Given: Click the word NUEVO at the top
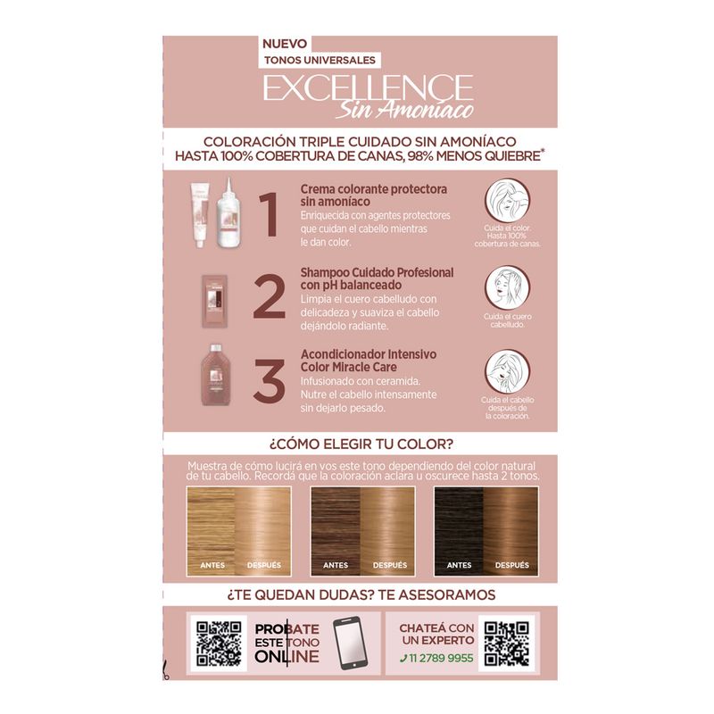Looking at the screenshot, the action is [285, 44].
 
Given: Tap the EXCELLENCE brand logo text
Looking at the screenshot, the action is [368, 87].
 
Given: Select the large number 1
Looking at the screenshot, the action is [270, 215].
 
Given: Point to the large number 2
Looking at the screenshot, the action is [270, 297].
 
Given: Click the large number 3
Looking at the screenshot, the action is [270, 381].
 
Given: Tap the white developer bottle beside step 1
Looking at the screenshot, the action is [228, 213].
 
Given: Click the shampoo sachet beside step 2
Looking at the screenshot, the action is [215, 301].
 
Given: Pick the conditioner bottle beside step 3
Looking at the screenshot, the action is [216, 374].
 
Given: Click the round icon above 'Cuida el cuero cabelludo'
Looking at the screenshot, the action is [507, 287].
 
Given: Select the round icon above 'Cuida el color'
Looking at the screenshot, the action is [507, 200].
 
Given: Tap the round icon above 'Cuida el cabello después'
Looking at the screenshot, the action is [507, 371].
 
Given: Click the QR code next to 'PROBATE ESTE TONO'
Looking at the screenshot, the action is [219, 643].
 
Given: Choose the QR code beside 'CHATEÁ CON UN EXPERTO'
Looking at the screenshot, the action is [506, 643].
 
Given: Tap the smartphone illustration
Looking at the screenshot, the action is [350, 643].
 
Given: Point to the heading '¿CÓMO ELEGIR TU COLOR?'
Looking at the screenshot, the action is [361, 444].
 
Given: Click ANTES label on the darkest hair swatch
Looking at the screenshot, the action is [459, 565].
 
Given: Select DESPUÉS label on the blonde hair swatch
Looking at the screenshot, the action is [264, 565].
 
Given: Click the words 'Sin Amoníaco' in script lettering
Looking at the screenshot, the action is [405, 109].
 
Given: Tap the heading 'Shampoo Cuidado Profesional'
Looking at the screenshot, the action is [377, 273].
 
